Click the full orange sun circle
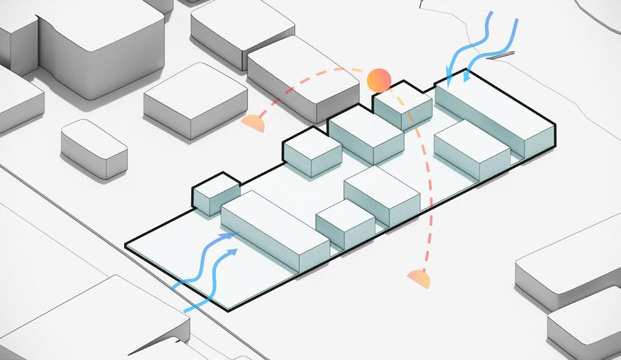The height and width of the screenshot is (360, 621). [379, 80]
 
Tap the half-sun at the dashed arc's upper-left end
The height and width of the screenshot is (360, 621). [253, 124]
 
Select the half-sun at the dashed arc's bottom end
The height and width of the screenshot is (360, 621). [419, 279]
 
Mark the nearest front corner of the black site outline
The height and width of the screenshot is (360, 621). [228, 310]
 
